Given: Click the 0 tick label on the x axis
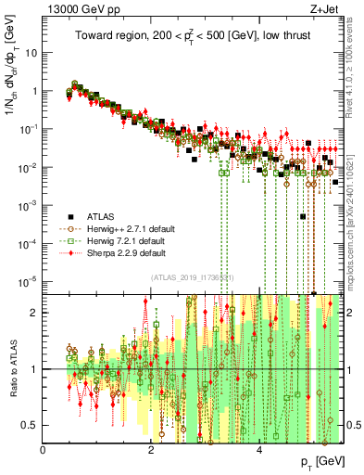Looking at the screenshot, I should [x=44, y=450].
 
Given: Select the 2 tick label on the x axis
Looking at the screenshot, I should [x=152, y=450].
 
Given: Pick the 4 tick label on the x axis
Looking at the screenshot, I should [x=259, y=450].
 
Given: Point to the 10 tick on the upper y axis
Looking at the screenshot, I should [x=30, y=53].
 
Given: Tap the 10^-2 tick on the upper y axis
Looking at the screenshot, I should [x=28, y=167].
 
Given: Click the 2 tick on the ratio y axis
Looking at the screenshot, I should [x=35, y=313].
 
